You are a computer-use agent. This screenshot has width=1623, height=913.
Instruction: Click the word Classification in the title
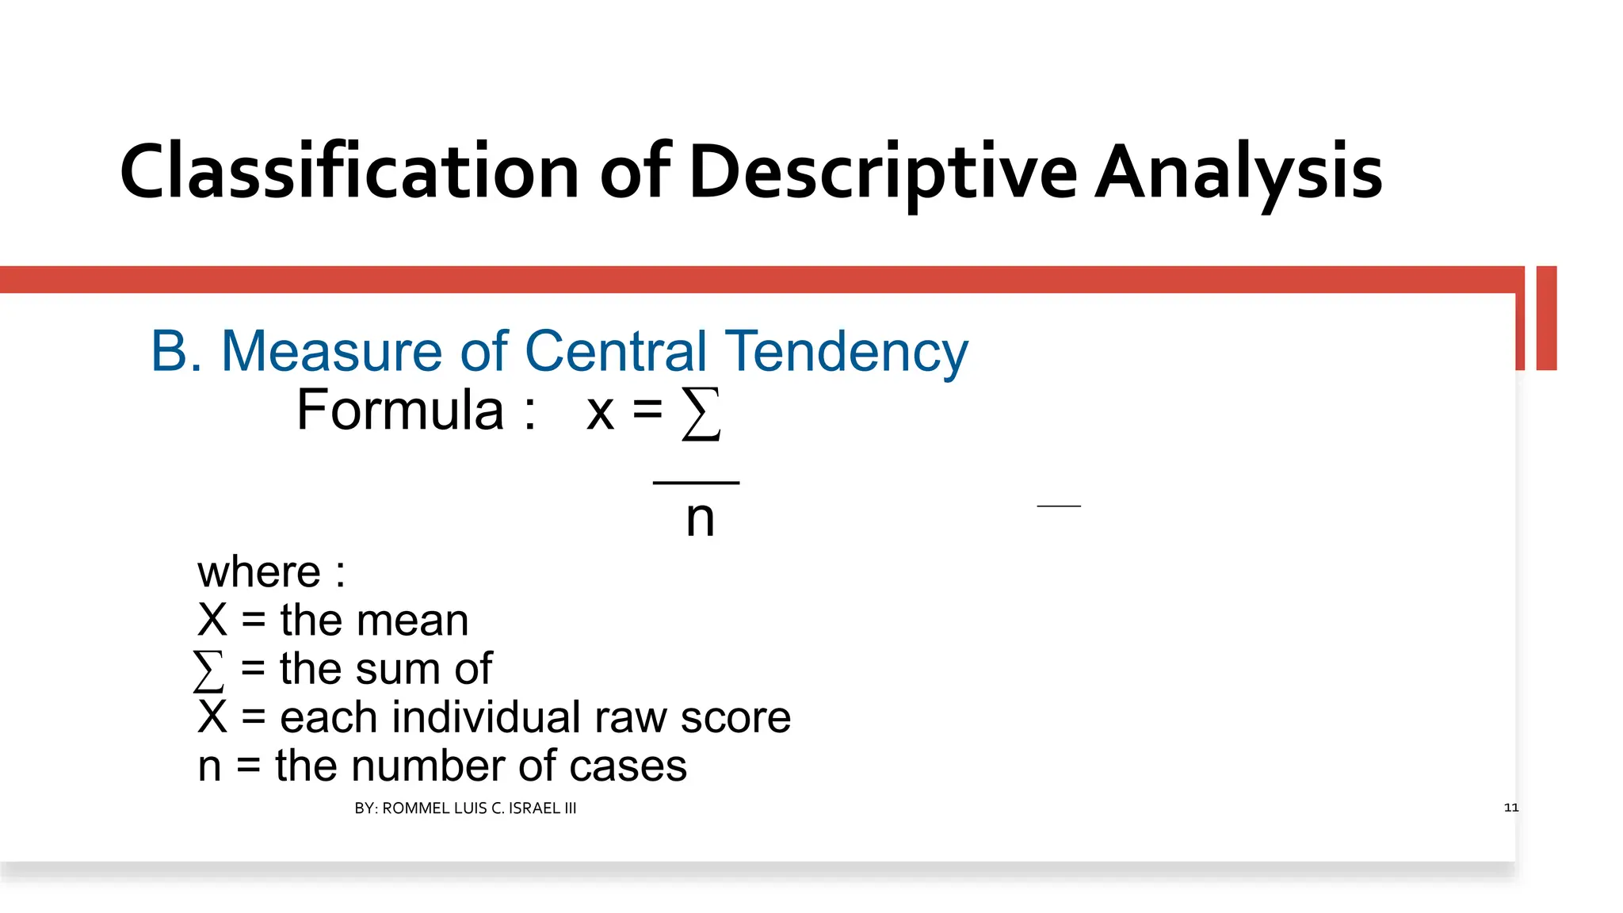(x=349, y=171)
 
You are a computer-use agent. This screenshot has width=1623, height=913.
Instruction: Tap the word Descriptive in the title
(x=882, y=173)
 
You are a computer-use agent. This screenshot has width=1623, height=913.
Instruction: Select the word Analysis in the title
(x=1238, y=173)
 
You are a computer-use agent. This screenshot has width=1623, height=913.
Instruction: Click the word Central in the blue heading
(x=615, y=351)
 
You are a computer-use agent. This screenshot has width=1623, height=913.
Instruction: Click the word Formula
(x=400, y=411)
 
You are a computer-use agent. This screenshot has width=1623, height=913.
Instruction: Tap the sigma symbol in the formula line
(x=701, y=414)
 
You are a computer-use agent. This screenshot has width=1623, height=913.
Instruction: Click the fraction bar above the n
(x=696, y=482)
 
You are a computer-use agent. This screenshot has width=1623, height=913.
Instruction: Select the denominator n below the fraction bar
(x=700, y=519)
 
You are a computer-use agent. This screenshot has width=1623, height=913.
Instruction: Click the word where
(x=259, y=572)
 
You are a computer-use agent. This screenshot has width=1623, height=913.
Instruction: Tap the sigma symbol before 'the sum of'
(x=208, y=670)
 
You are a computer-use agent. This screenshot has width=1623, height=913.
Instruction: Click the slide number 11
(x=1510, y=808)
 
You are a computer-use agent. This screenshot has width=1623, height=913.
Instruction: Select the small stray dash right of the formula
(x=1059, y=506)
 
